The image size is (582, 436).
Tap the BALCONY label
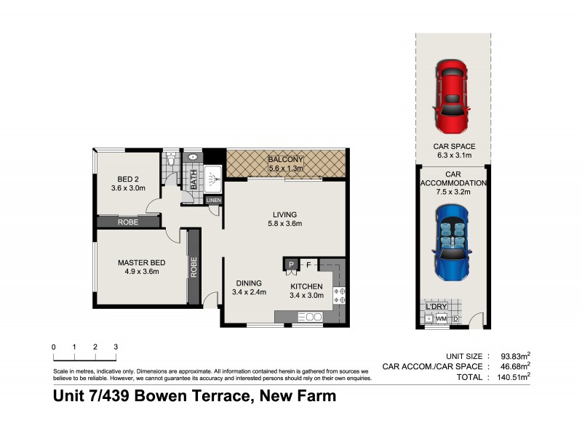(285, 160)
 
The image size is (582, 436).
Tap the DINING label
(249, 283)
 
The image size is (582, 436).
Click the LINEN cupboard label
(213, 201)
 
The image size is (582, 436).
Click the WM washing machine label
(441, 318)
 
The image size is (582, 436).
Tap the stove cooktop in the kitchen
(339, 295)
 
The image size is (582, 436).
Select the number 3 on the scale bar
(116, 347)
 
